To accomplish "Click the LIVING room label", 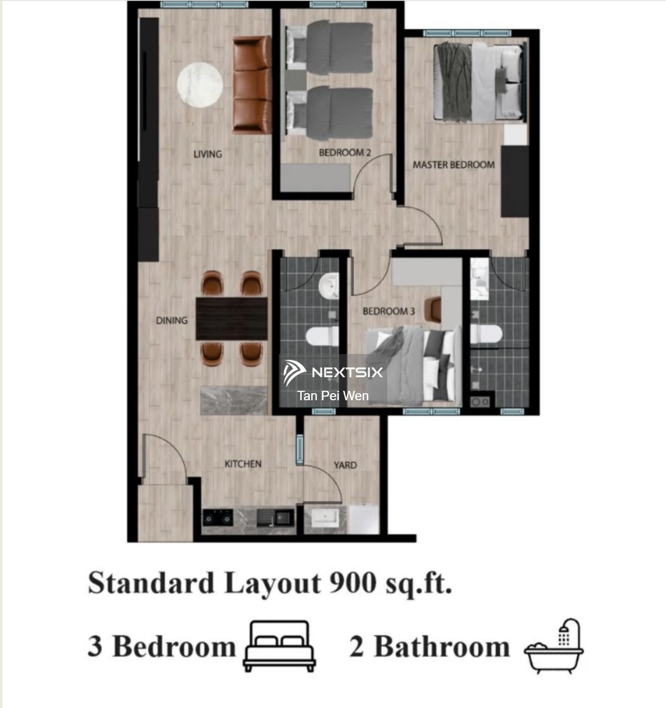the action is click(x=208, y=154).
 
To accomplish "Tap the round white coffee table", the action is click(x=200, y=85).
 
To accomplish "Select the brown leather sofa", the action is click(x=252, y=85).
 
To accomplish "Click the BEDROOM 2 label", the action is click(x=345, y=152).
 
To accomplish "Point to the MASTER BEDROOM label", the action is click(x=454, y=165).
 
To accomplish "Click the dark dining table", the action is click(x=232, y=318).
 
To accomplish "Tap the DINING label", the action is click(x=172, y=320).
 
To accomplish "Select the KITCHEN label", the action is click(x=243, y=464).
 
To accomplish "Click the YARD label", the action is click(x=345, y=465).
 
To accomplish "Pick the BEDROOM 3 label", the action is click(x=389, y=311).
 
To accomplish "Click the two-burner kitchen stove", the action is click(x=218, y=518).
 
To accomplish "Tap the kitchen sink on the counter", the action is click(x=275, y=518).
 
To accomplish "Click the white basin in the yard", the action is click(x=325, y=518).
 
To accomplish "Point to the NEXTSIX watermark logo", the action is click(x=333, y=373).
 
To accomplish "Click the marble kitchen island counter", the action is click(x=234, y=400).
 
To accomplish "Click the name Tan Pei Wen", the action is click(x=333, y=396).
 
